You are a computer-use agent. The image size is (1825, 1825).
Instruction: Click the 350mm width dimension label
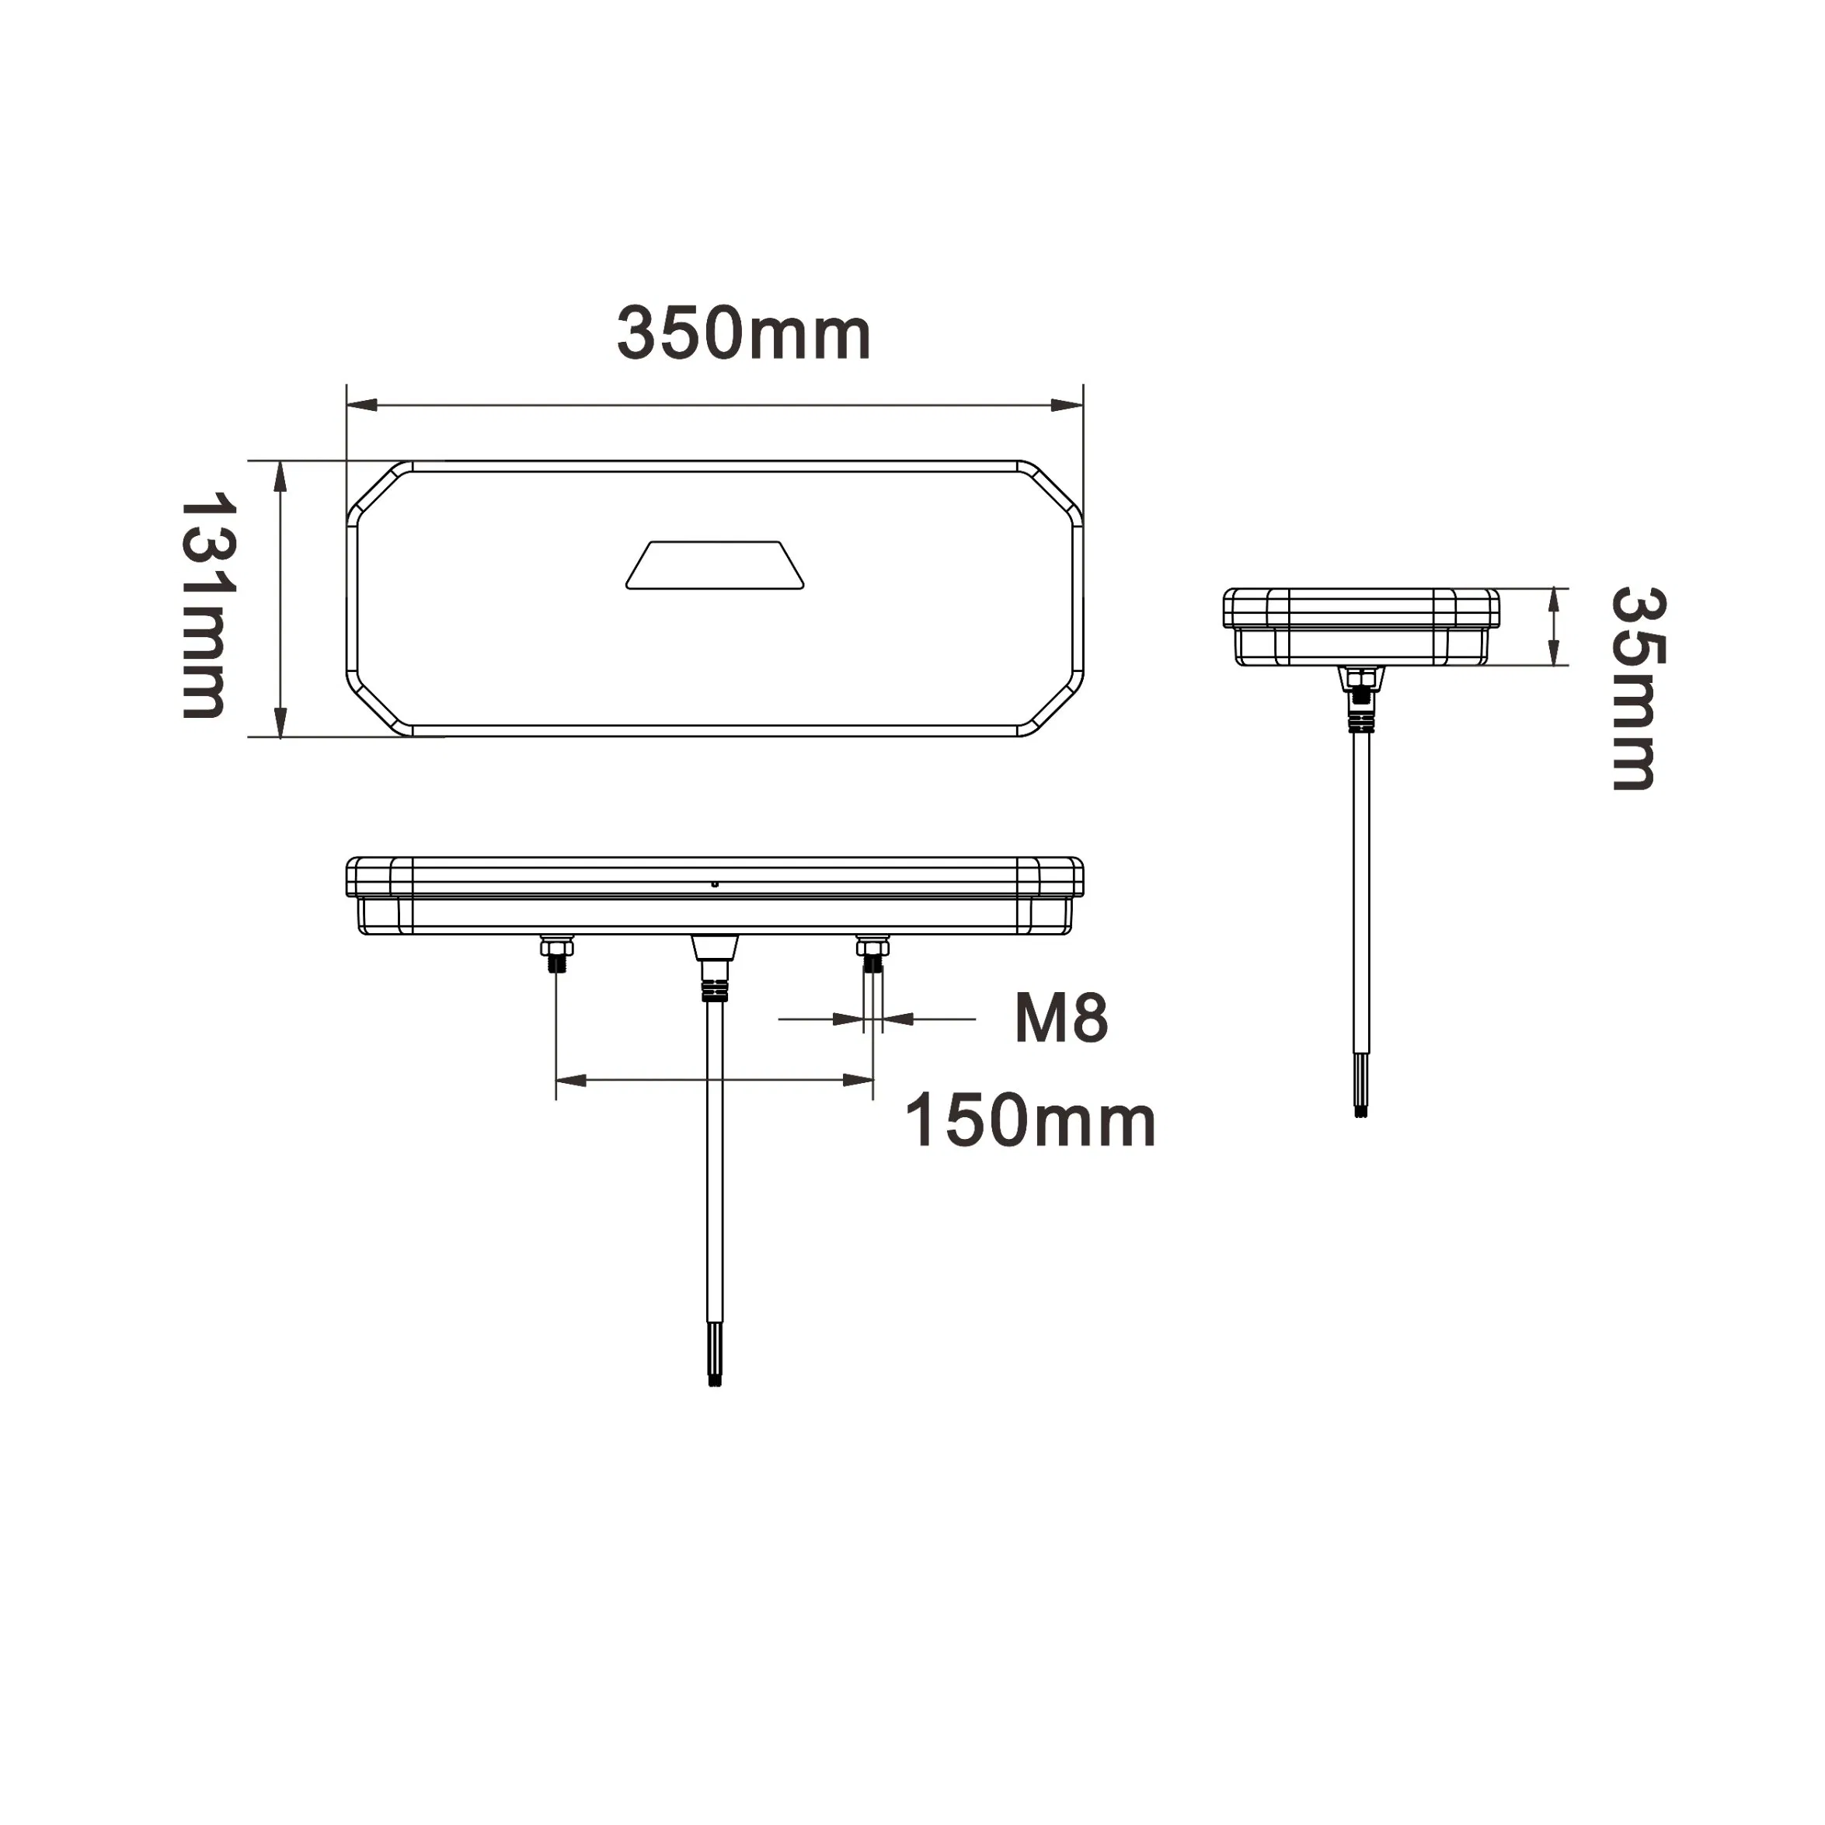[x=744, y=333]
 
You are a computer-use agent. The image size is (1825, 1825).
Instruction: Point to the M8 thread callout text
[x=1061, y=1019]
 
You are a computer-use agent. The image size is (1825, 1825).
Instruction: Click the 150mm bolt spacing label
[x=1030, y=1121]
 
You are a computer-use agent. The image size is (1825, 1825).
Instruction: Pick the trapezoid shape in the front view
[x=715, y=566]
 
